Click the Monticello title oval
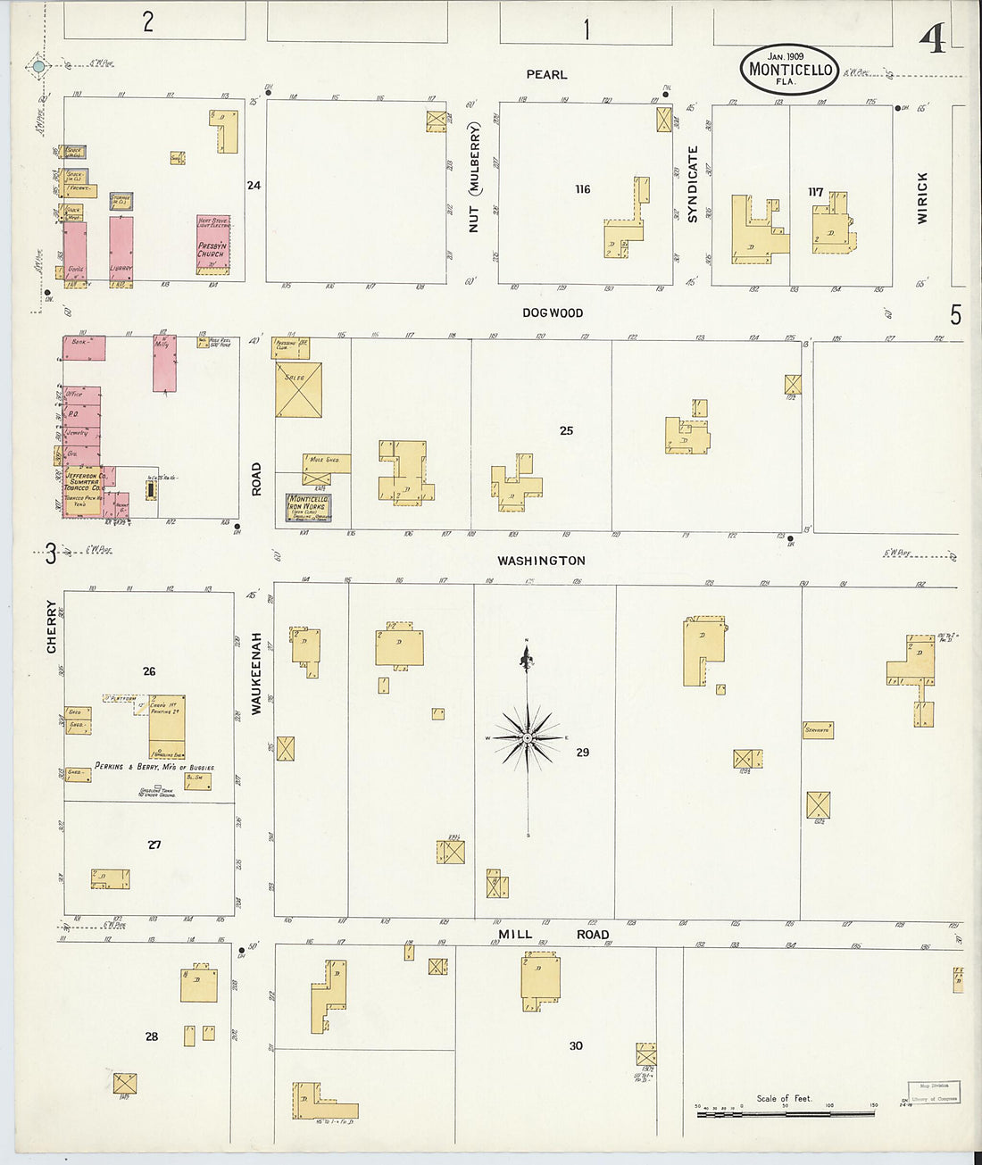point(789,69)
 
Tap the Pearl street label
point(546,75)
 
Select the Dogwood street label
point(553,313)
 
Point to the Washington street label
point(541,561)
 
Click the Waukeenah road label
point(256,673)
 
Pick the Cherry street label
point(51,626)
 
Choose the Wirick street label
point(922,197)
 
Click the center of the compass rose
point(528,738)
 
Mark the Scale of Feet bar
point(785,1113)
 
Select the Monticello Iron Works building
point(308,507)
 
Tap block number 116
point(583,189)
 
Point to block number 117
point(815,192)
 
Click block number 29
point(582,753)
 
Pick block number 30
point(576,1045)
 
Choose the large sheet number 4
point(933,40)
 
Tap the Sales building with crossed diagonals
point(298,390)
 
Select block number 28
point(152,1036)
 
